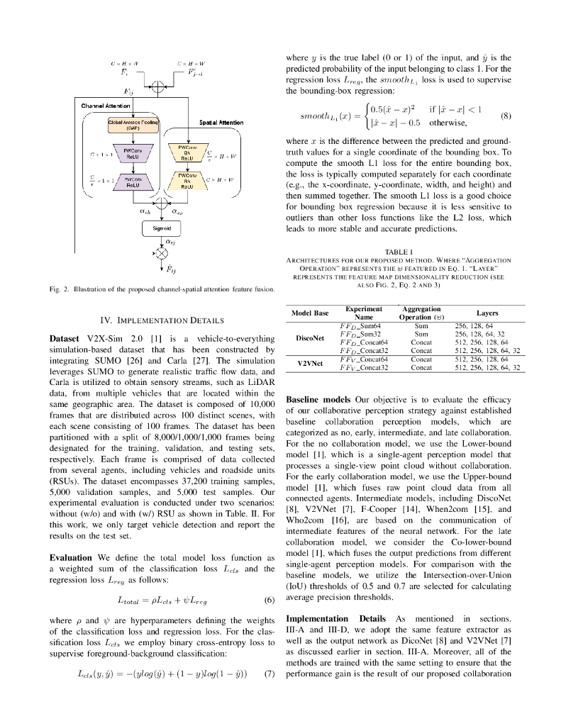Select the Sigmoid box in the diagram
[x=162, y=228]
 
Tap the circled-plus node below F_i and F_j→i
[x=162, y=89]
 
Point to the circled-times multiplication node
[x=162, y=252]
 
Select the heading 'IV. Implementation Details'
[x=162, y=320]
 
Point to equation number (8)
[x=506, y=115]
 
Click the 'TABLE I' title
[x=399, y=252]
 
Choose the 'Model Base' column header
[x=311, y=313]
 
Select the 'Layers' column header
[x=487, y=313]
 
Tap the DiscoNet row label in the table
[x=310, y=337]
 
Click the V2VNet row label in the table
[x=310, y=363]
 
